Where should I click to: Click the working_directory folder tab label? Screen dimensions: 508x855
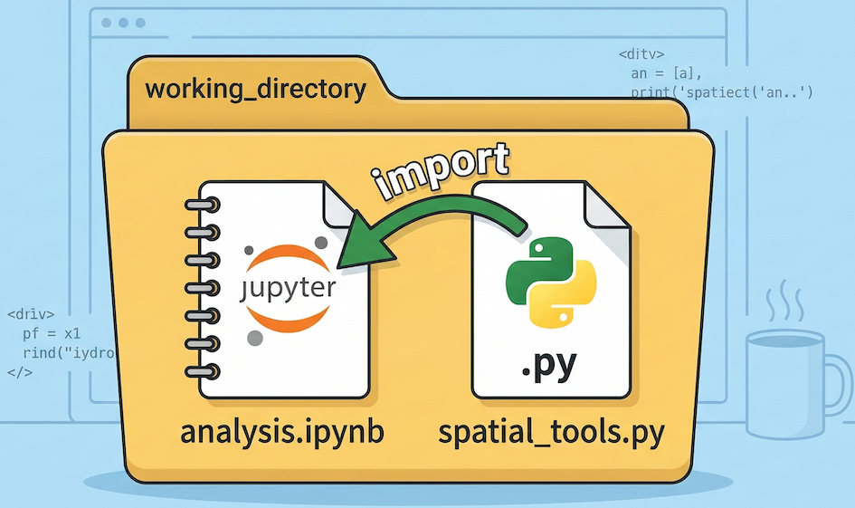coord(255,90)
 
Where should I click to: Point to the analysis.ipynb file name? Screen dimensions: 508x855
coord(282,432)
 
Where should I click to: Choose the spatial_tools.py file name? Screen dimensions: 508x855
coord(551,432)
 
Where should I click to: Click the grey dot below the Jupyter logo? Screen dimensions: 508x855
coord(256,338)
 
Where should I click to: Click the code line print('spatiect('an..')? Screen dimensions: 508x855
coord(722,91)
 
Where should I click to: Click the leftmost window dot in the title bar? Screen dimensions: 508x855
coord(109,22)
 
